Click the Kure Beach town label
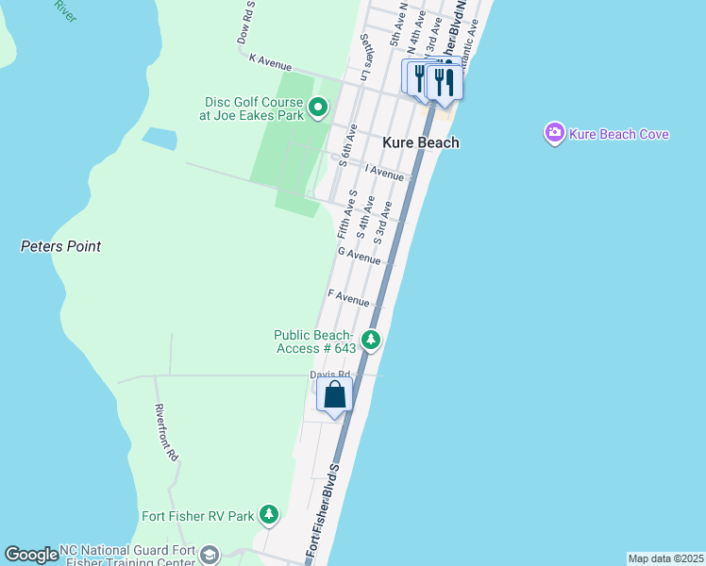point(421,142)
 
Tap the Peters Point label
point(60,246)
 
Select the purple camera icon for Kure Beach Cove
point(555,133)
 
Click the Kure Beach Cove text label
point(619,134)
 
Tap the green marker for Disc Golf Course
point(318,108)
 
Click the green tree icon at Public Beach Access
point(372,339)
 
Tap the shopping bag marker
point(335,393)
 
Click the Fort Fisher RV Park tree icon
point(270,514)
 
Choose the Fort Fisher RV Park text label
point(198,516)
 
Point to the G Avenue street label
point(359,255)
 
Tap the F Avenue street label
point(348,298)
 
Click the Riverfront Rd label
point(166,433)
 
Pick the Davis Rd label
point(324,375)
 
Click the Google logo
point(32,555)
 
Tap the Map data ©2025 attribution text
point(665,558)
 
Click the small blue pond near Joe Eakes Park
point(159,139)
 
